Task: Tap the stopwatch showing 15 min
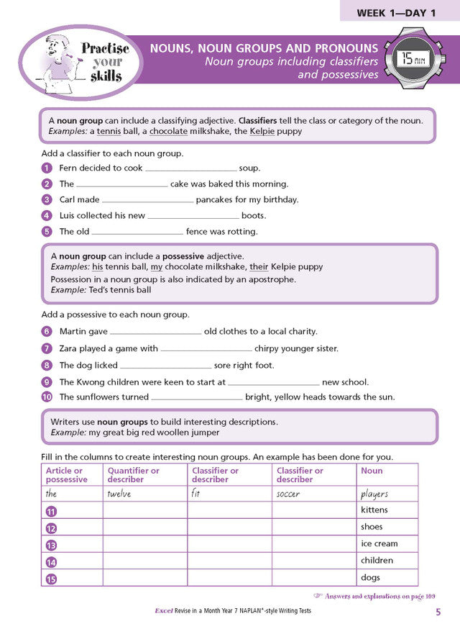415,58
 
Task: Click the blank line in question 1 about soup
190,168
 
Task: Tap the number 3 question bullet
47,200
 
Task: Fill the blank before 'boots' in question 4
193,216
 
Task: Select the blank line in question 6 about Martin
155,332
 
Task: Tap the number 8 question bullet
47,366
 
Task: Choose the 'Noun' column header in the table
372,471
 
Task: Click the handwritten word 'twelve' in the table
119,494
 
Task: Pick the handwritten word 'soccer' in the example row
288,494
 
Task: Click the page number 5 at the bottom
438,612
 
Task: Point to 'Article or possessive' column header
67,475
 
